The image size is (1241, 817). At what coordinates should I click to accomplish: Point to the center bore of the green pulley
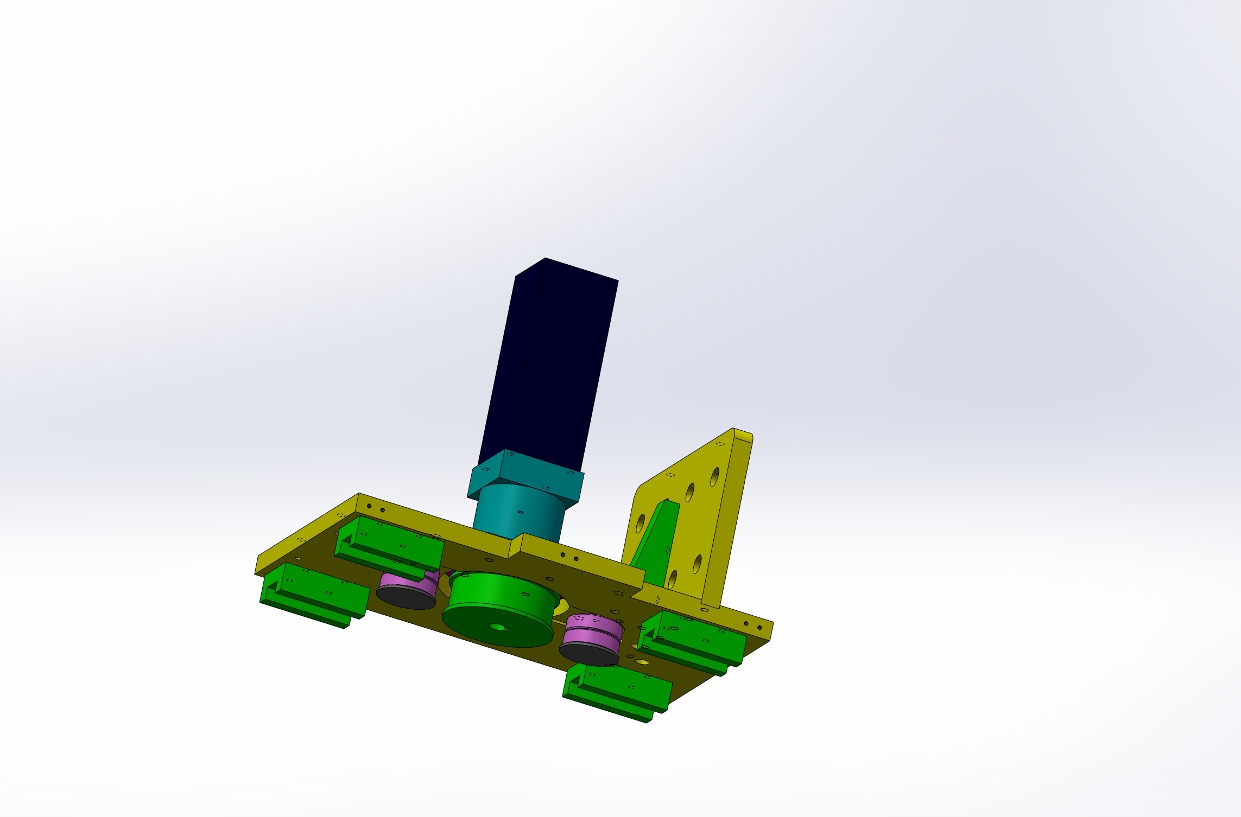pyautogui.click(x=497, y=627)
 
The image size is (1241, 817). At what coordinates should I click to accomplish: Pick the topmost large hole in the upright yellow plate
pyautogui.click(x=715, y=477)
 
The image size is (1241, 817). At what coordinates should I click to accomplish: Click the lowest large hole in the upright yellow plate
pyautogui.click(x=673, y=579)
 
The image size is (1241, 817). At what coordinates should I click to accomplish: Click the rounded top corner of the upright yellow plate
pyautogui.click(x=748, y=435)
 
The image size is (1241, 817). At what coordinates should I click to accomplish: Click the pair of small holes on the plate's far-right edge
pyautogui.click(x=752, y=625)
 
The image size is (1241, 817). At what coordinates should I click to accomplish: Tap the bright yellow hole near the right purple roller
pyautogui.click(x=642, y=662)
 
